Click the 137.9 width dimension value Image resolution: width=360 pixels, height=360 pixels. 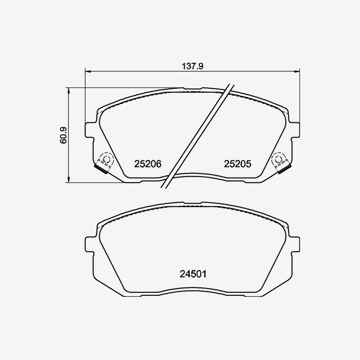point(193,67)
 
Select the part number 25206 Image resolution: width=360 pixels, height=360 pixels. point(148,164)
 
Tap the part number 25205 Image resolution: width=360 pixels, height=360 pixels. point(237,164)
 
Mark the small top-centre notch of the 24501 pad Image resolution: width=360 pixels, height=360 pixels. point(192,204)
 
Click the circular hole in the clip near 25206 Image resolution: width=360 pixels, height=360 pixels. point(106,159)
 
